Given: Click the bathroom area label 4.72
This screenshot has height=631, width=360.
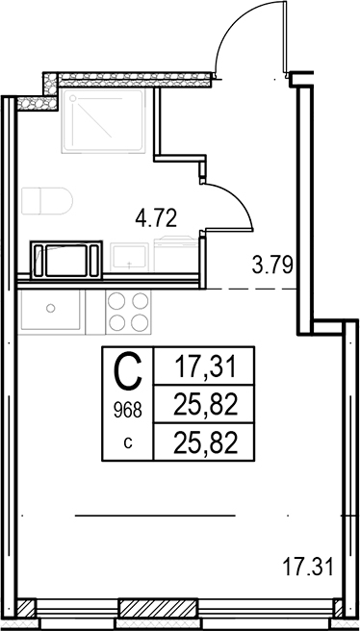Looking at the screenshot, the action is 156,218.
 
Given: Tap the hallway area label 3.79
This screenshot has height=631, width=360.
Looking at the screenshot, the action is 272,265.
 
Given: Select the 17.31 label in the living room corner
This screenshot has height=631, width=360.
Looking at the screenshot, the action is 308,567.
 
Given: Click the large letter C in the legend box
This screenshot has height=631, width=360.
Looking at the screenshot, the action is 128,370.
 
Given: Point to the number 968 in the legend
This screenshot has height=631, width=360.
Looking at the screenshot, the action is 128,411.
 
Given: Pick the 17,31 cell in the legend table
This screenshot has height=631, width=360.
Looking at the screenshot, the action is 204,367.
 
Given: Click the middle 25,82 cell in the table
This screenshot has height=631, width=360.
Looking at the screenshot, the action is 204,405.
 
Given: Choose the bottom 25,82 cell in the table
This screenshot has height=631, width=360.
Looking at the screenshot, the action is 204,443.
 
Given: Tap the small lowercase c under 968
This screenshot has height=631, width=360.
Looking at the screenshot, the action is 128,443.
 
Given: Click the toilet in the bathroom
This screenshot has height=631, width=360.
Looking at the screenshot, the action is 47,200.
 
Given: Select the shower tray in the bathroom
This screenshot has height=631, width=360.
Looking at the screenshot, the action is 103,121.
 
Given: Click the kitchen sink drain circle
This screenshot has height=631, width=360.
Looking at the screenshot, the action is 50,308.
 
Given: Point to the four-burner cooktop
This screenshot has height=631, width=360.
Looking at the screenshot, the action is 128,312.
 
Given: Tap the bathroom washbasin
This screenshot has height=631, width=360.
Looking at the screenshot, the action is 129,257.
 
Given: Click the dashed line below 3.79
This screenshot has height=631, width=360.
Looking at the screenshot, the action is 251,289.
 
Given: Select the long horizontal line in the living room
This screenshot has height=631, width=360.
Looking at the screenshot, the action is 155,516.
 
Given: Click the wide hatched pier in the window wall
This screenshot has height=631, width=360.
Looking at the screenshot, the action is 158,608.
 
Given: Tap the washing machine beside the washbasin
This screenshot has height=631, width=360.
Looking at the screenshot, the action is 176,254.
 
